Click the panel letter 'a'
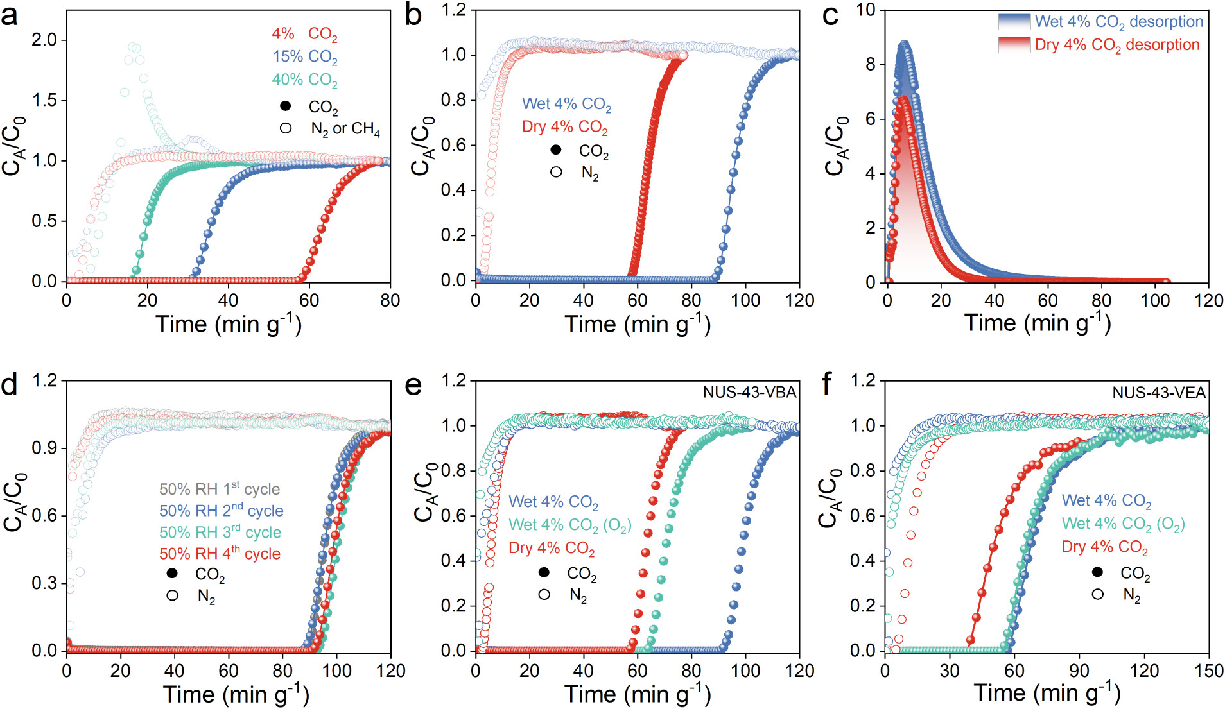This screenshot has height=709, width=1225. (10, 15)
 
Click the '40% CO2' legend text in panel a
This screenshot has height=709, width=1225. (304, 80)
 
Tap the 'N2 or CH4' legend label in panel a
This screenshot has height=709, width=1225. (345, 129)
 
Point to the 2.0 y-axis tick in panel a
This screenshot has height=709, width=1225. (45, 40)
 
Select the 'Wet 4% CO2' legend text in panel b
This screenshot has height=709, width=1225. (566, 104)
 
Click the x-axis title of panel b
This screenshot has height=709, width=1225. (638, 324)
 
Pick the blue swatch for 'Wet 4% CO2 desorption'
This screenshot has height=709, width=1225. (1014, 22)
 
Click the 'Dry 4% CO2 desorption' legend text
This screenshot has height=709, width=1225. (1117, 45)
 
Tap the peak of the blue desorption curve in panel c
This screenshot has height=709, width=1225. (905, 44)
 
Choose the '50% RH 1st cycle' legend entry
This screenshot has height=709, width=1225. (220, 489)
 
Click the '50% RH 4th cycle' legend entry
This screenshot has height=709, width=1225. (220, 553)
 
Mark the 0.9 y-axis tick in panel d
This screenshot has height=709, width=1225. (45, 448)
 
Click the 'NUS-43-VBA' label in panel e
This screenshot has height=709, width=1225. (749, 392)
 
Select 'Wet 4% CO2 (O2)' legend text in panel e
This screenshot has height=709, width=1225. (570, 525)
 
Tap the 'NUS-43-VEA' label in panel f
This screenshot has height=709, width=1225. (1159, 392)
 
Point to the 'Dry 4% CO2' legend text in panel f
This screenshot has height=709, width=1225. (1105, 547)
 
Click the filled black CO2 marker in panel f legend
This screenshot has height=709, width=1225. (1098, 572)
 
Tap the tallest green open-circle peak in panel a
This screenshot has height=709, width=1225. (134, 47)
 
